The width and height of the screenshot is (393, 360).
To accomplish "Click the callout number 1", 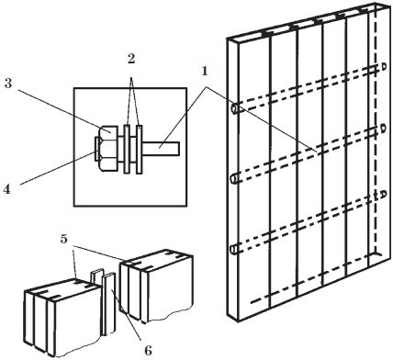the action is (x=205, y=72).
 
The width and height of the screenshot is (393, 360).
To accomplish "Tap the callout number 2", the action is (x=131, y=59).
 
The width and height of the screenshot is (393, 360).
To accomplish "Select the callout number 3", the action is (x=8, y=83).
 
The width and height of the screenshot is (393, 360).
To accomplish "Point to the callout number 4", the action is (x=6, y=189).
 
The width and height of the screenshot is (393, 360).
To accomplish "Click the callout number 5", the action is (x=63, y=239).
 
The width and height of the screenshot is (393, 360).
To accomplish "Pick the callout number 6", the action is (x=148, y=351).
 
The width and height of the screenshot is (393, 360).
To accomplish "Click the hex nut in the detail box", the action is (x=107, y=148).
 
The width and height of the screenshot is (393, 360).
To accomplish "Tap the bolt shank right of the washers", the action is (x=161, y=148).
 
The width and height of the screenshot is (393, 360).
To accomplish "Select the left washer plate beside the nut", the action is (x=127, y=149).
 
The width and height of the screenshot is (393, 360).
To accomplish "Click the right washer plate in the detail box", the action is (x=140, y=149).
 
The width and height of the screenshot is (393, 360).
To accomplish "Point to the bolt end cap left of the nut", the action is (x=96, y=149).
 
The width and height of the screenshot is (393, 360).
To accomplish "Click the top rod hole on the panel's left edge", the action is (x=236, y=108).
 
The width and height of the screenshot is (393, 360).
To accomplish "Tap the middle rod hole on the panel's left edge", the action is (x=235, y=178).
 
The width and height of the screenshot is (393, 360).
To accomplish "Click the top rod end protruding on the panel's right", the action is (x=384, y=67).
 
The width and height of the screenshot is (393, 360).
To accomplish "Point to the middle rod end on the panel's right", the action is (x=383, y=129).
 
